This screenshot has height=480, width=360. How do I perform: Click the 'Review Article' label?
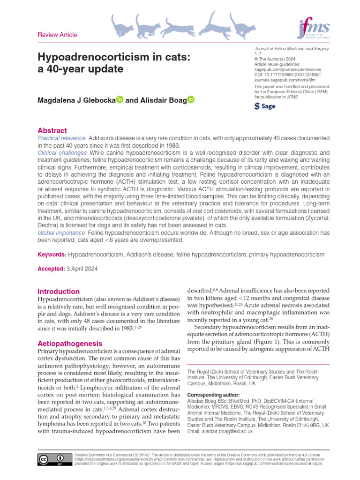click(x=57, y=35)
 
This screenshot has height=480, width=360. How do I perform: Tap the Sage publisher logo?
click(x=264, y=106)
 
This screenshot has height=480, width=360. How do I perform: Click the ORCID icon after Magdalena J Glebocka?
click(x=120, y=99)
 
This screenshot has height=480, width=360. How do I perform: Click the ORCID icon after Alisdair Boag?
click(x=190, y=99)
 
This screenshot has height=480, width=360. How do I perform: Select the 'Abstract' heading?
click(x=52, y=130)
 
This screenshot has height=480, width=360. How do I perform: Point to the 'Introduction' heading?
click(x=58, y=291)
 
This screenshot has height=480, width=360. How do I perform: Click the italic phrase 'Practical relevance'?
click(x=61, y=138)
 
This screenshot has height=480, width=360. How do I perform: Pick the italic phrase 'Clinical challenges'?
click(x=62, y=153)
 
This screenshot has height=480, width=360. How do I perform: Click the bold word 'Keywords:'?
click(x=52, y=255)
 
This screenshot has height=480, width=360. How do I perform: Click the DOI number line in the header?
click(x=287, y=75)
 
